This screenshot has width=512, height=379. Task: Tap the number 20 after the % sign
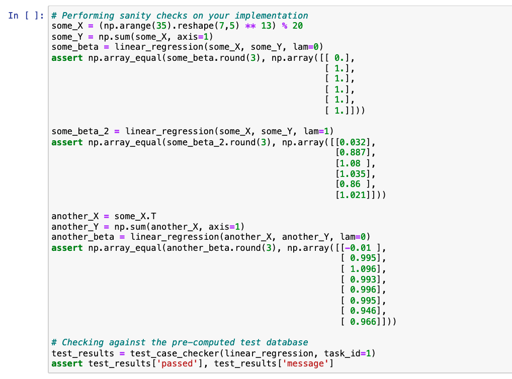[x=297, y=26]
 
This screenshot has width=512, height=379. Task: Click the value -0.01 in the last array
[x=362, y=248]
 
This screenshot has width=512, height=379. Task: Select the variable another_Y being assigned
[x=75, y=227]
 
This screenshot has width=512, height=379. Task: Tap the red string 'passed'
[x=174, y=364]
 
